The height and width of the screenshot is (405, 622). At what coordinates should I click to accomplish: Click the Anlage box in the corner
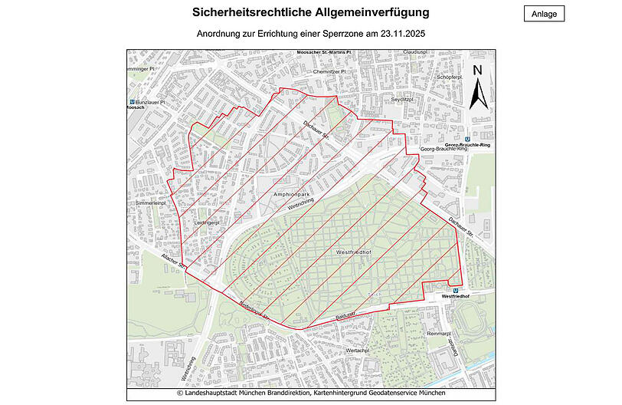[544, 13]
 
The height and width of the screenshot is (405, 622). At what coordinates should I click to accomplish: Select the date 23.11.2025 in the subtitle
[398, 34]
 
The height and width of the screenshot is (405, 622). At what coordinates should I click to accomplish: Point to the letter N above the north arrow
[476, 71]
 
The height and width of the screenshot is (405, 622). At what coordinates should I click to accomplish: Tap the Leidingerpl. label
[206, 222]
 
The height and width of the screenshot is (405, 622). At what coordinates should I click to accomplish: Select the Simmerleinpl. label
[150, 203]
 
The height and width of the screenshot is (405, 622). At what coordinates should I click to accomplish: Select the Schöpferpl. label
[449, 77]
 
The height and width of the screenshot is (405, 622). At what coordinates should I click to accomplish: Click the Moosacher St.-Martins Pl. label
[323, 53]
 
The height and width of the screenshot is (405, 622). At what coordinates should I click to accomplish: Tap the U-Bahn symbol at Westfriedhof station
[456, 289]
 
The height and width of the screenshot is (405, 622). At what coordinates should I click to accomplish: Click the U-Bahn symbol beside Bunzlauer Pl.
[133, 101]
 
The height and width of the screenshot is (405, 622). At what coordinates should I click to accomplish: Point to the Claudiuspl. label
[414, 52]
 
